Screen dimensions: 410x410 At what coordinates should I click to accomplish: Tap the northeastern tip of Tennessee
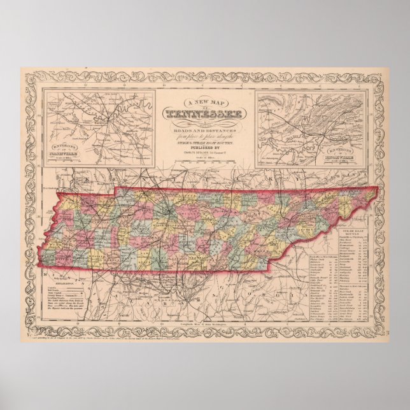tap(375, 189)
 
